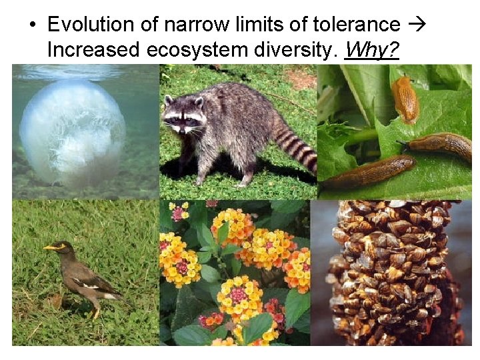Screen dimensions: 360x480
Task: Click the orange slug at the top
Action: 404,99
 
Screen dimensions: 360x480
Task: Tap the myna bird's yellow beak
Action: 48,248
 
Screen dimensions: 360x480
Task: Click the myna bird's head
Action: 61,249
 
